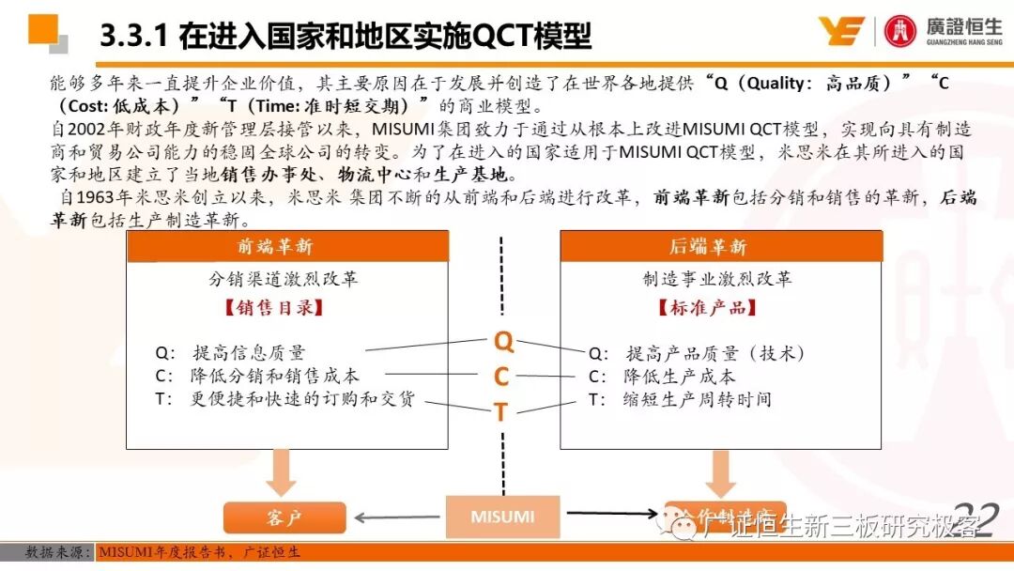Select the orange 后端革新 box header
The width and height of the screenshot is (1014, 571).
[721, 247]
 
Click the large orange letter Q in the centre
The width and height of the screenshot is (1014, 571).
[503, 342]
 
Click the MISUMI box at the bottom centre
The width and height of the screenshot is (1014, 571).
[502, 517]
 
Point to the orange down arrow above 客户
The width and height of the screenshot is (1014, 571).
[280, 472]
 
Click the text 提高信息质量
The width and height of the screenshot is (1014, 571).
[249, 353]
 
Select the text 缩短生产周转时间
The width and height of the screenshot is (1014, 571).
[699, 399]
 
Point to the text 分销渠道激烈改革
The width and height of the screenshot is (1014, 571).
[283, 279]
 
